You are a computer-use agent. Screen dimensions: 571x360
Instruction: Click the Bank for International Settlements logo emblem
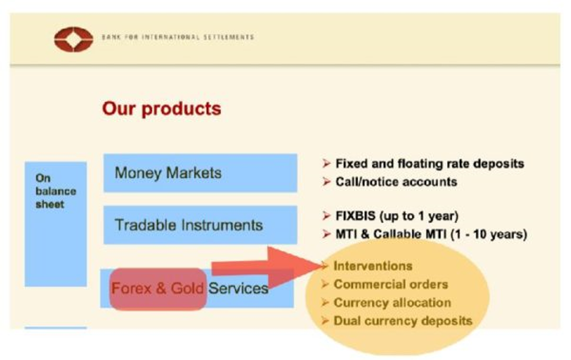click(x=74, y=40)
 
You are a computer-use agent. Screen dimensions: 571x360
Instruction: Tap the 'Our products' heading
click(x=162, y=108)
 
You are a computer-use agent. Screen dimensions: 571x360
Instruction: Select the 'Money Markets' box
click(x=200, y=173)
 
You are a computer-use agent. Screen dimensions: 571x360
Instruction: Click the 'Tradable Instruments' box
click(x=200, y=225)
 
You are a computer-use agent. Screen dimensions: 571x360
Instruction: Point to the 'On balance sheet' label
click(x=56, y=191)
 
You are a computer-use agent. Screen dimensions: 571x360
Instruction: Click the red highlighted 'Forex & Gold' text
click(x=157, y=289)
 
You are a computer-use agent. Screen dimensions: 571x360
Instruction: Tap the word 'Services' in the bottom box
click(x=239, y=289)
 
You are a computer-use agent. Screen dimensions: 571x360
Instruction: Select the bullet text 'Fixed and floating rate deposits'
click(x=430, y=164)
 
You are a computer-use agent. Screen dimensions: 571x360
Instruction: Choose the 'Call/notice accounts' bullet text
click(x=396, y=182)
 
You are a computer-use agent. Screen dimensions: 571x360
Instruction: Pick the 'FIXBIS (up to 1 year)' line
click(x=397, y=216)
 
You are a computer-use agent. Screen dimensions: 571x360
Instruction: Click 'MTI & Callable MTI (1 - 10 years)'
click(x=431, y=234)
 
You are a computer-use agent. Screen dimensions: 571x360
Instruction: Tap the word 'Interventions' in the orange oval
click(x=373, y=266)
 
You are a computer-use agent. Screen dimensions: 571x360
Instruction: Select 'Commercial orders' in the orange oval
click(x=391, y=284)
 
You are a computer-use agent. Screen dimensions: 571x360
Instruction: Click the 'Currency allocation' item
click(x=392, y=302)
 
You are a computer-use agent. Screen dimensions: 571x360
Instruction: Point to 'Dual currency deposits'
click(x=403, y=320)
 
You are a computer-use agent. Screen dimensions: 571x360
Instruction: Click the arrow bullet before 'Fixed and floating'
click(x=326, y=164)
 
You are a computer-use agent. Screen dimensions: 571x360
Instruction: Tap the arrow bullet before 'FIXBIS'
click(x=326, y=216)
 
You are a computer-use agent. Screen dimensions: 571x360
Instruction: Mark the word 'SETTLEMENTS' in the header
click(x=229, y=37)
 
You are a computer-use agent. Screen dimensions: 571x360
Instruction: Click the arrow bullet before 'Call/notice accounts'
click(x=326, y=182)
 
